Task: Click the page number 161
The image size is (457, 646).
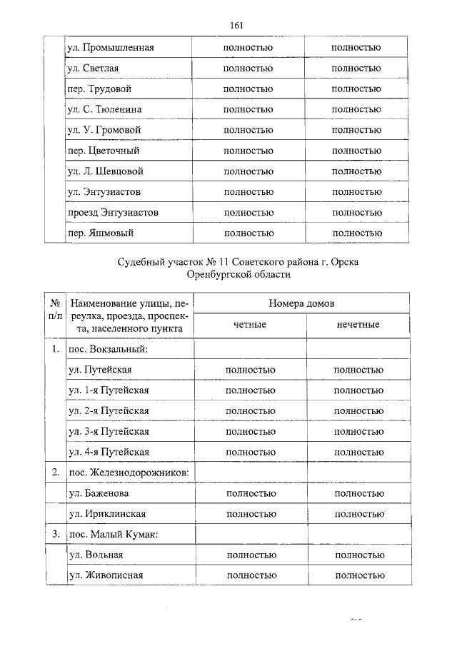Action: coord(237,26)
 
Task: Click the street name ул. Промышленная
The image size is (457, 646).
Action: coord(110,48)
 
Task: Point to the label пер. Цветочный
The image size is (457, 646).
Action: coord(103,151)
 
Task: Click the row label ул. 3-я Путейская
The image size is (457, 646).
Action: coord(109,431)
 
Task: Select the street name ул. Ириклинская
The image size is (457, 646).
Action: coord(108,514)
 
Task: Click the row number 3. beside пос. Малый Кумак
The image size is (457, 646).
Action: coord(55,535)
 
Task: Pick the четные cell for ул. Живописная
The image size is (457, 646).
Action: coord(251,576)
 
